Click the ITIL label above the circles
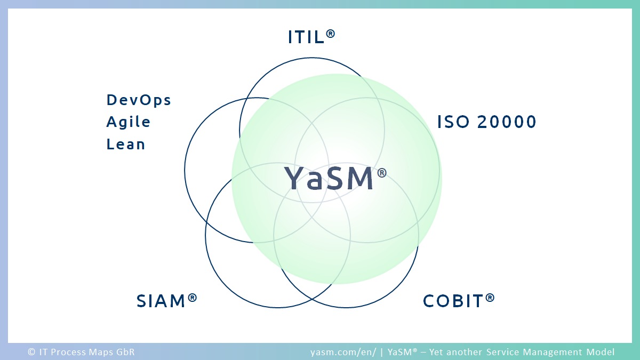311,37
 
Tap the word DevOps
139,100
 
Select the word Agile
129,122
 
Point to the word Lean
126,144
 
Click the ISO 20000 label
487,122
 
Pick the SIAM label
166,301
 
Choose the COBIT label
459,301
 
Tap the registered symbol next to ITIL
330,34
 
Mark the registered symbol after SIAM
193,298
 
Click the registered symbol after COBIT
490,298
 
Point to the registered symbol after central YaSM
382,173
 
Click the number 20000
507,122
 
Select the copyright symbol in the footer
31,351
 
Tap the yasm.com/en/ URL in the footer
343,352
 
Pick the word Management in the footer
553,352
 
